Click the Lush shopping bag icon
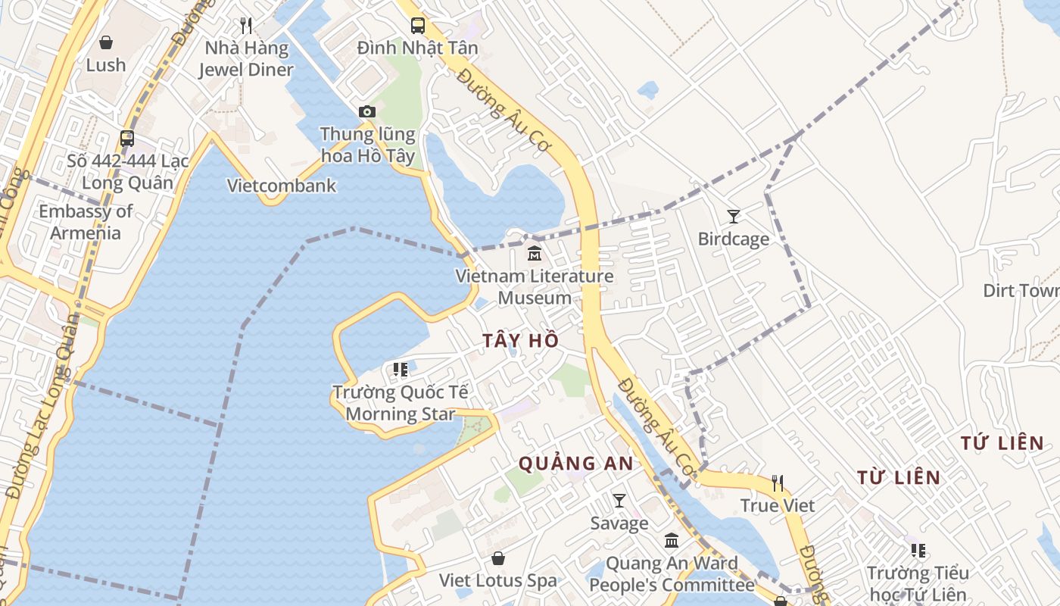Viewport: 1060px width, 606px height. pyautogui.click(x=106, y=42)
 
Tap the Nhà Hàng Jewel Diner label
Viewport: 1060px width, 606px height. pyautogui.click(x=246, y=59)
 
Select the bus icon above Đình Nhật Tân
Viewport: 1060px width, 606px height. pyautogui.click(x=418, y=26)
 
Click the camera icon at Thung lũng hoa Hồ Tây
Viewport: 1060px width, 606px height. pyautogui.click(x=367, y=112)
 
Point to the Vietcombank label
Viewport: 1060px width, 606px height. pyautogui.click(x=282, y=186)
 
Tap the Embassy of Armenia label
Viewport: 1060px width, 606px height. pyautogui.click(x=86, y=222)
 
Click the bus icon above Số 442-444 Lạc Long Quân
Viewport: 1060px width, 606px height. pyautogui.click(x=127, y=139)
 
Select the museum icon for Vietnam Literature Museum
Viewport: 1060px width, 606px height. pyautogui.click(x=535, y=253)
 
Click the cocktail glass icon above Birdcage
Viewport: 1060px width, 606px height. pyautogui.click(x=733, y=217)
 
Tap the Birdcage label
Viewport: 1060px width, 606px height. pyautogui.click(x=733, y=239)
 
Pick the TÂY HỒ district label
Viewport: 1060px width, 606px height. pyautogui.click(x=521, y=341)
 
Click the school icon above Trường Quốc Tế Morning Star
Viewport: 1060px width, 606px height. pyautogui.click(x=401, y=370)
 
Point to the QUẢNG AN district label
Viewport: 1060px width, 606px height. pyautogui.click(x=575, y=463)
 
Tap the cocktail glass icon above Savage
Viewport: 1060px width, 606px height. pyautogui.click(x=619, y=501)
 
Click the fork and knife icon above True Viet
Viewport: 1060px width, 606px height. pyautogui.click(x=777, y=483)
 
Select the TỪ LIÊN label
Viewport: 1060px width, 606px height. pyautogui.click(x=899, y=478)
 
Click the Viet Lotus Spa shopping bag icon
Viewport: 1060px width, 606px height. pyautogui.click(x=498, y=559)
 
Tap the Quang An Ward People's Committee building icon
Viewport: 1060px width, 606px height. pyautogui.click(x=672, y=541)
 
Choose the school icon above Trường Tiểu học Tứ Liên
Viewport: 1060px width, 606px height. pyautogui.click(x=918, y=551)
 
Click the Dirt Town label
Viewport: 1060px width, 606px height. pyautogui.click(x=1021, y=291)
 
